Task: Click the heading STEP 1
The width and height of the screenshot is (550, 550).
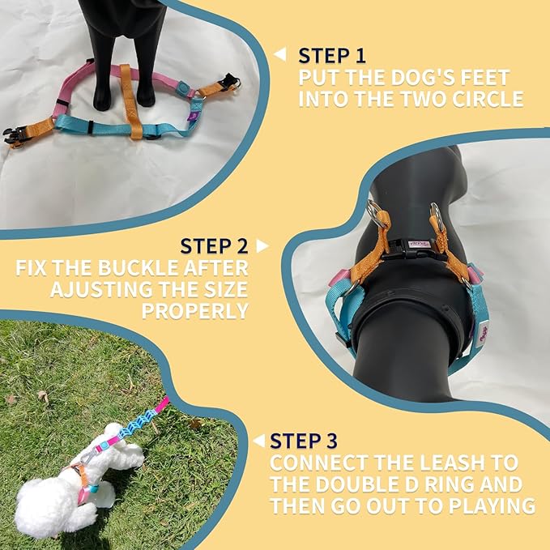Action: coord(332,56)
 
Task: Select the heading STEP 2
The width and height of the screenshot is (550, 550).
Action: coord(213,246)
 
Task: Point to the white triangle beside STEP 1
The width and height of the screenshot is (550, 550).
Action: coord(280,55)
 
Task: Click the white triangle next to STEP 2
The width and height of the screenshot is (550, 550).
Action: coord(262,245)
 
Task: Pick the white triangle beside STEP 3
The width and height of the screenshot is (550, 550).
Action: coord(258,441)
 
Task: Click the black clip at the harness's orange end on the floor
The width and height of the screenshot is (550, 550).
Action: coord(16,136)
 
